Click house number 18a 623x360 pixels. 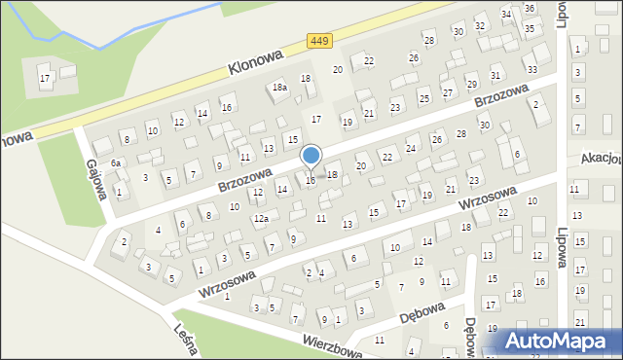click(280, 88)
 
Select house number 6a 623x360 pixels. click(115, 162)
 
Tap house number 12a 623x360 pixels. click(261, 220)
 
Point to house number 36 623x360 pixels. click(530, 8)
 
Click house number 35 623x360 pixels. click(530, 29)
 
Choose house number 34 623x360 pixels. click(506, 15)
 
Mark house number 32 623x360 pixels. click(480, 24)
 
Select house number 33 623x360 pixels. click(531, 70)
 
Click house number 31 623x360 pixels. click(495, 76)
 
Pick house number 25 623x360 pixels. click(423, 98)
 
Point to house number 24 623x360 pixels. click(411, 149)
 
